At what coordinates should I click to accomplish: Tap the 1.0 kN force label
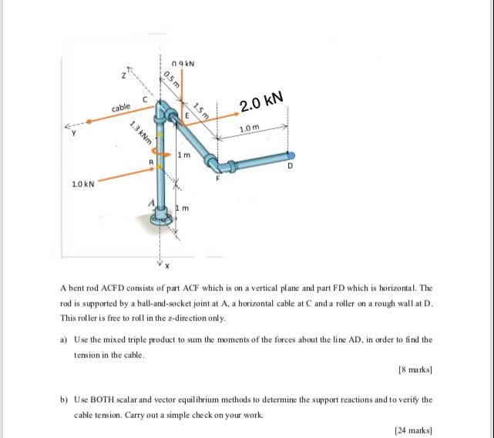tap(82, 185)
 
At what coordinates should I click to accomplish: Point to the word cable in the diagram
tap(122, 109)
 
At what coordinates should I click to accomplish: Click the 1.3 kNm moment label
tap(139, 136)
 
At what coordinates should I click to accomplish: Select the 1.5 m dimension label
tap(201, 111)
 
